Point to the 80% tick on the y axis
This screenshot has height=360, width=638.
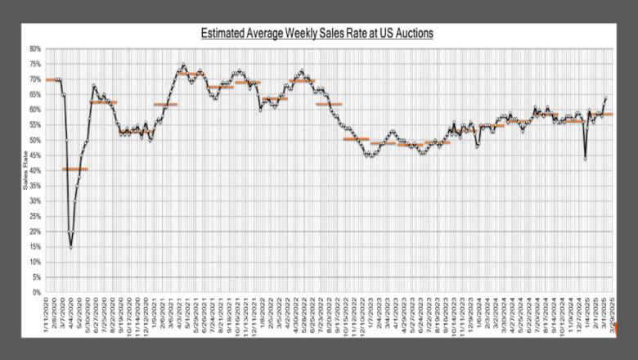point(35,49)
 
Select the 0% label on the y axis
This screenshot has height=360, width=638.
point(37,292)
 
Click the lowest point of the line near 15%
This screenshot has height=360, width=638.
point(71,246)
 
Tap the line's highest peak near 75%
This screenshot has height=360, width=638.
point(183,65)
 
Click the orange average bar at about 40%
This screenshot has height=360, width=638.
point(75,169)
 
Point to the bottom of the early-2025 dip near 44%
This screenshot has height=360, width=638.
point(586,159)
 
